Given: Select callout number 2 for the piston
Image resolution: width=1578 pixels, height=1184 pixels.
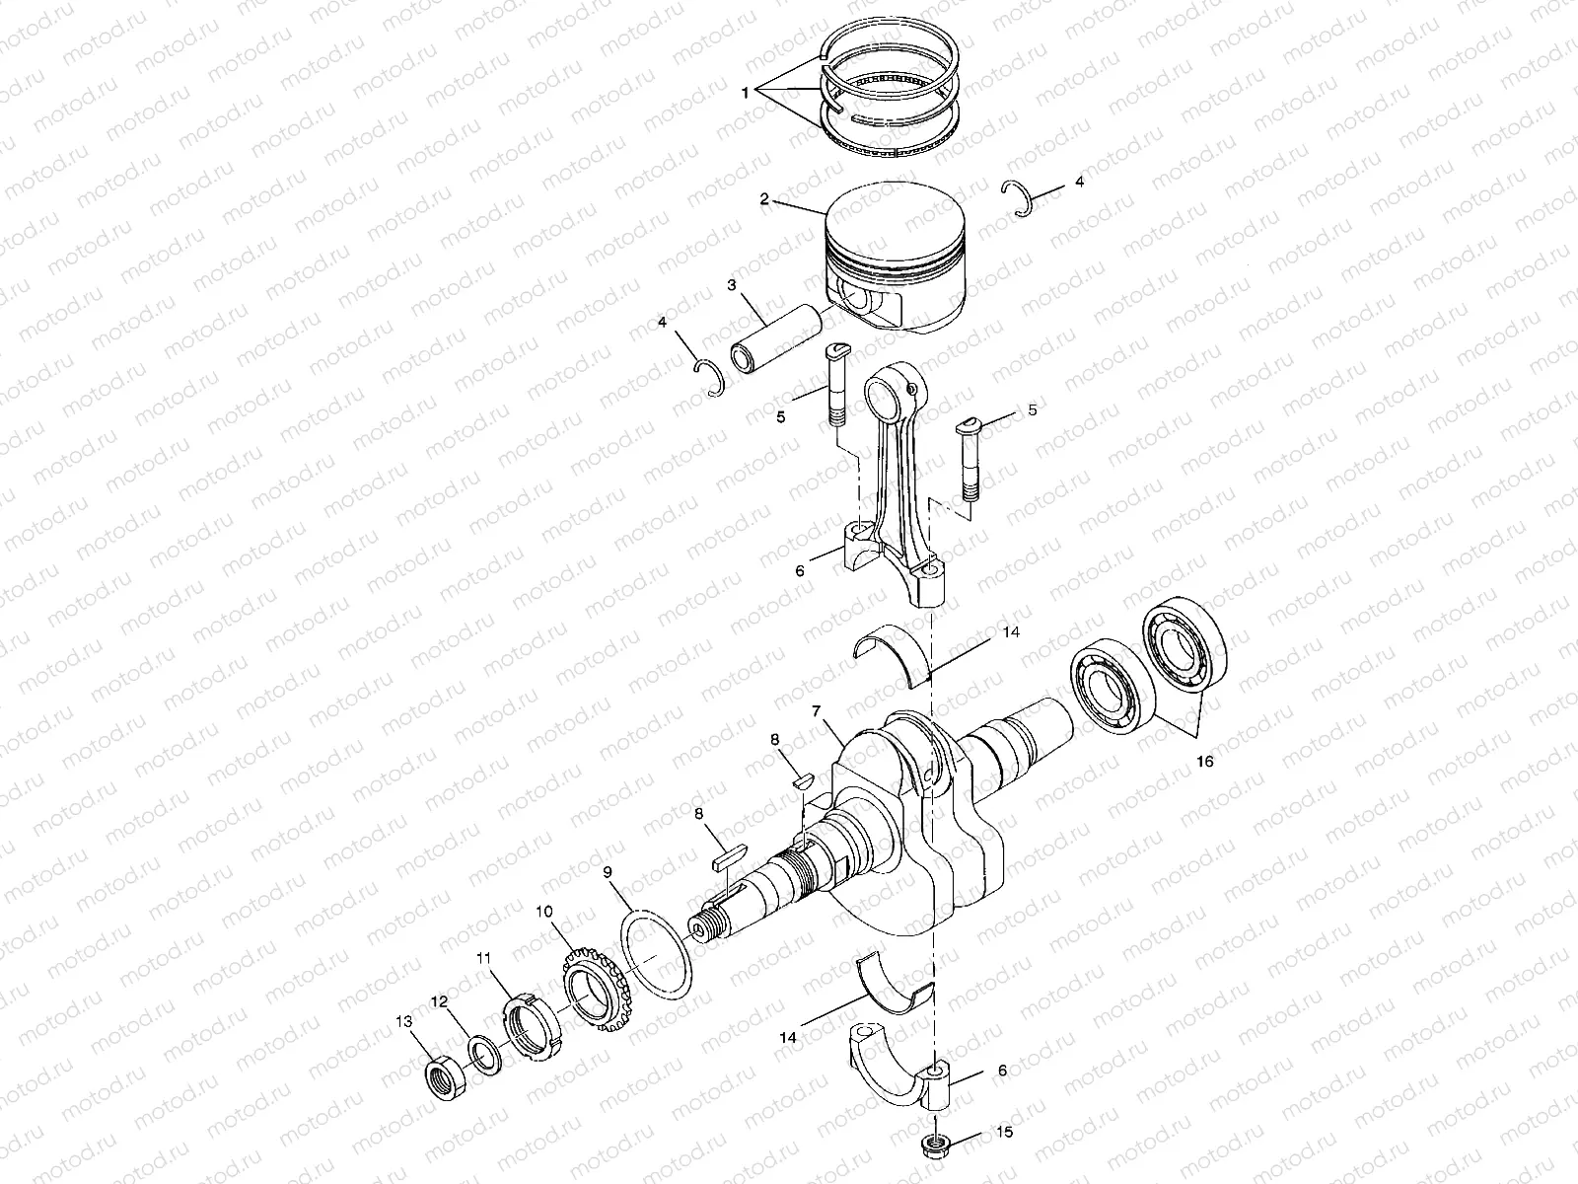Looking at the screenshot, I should (764, 198).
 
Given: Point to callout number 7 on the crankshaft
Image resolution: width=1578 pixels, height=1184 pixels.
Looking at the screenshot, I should (816, 710).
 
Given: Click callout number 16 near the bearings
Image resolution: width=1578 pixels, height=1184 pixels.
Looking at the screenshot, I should (1205, 763).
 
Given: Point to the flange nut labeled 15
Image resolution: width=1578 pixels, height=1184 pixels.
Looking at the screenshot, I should (931, 1147).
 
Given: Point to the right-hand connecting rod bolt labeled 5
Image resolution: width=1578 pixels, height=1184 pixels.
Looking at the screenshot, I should (966, 464).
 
